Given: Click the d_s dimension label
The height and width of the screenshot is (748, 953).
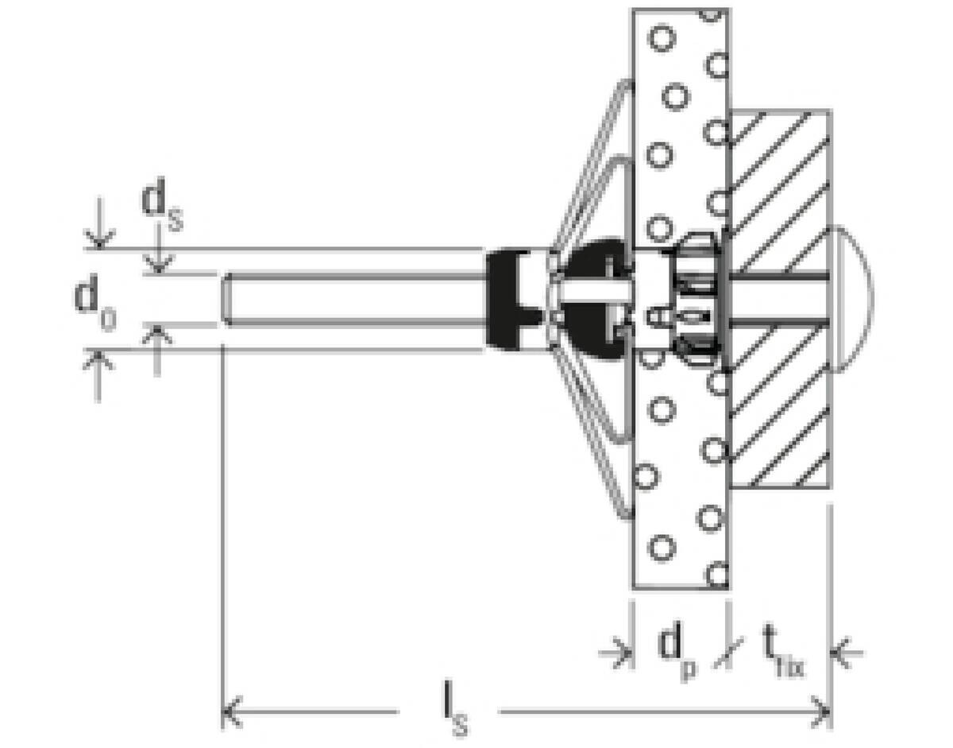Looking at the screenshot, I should coord(161,209).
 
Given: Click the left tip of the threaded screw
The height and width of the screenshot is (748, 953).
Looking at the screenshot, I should coord(227,299).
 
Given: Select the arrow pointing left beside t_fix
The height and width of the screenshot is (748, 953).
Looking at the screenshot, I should coord(845,653).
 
